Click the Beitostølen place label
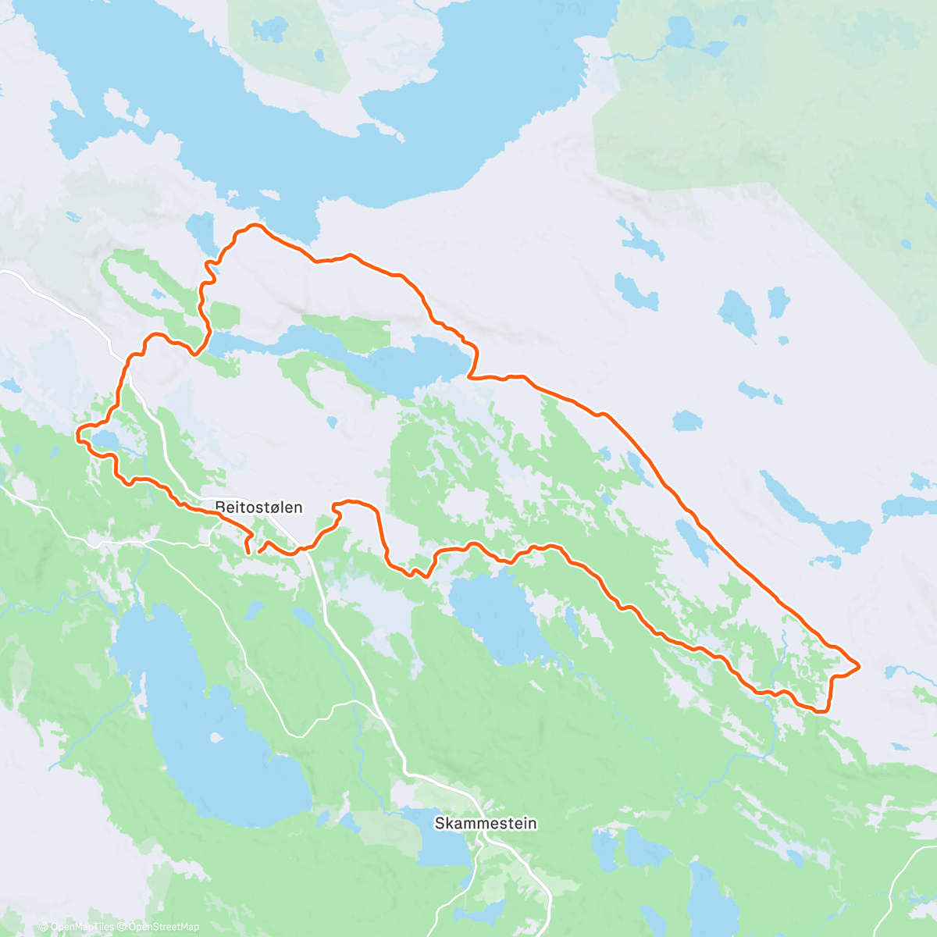coord(258,507)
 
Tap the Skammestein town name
coord(486,823)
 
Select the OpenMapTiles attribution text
coord(81,927)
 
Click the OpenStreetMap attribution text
coord(164,927)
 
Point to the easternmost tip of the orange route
coord(859,666)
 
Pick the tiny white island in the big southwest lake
coord(214,737)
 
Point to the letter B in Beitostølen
coord(219,507)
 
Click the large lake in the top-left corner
coord(172,86)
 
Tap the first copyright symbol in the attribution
coord(44,927)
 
